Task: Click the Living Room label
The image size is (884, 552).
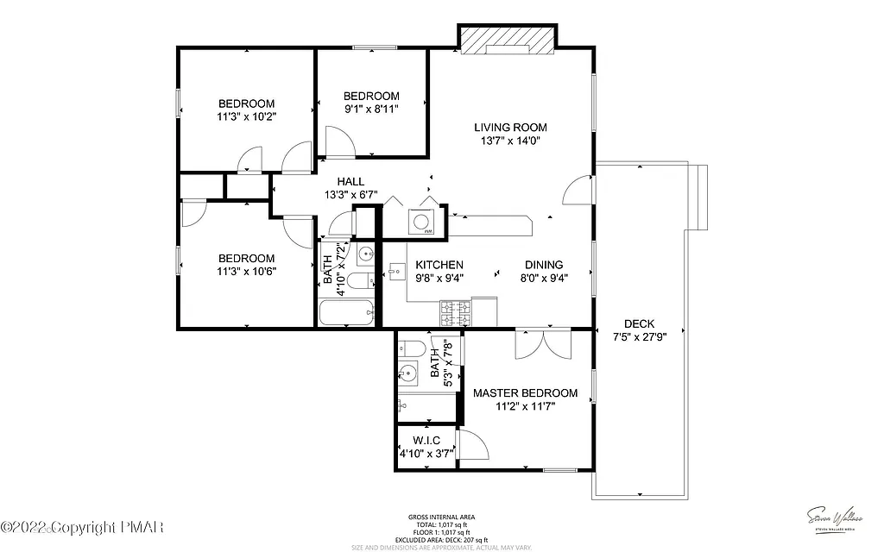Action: [510, 128]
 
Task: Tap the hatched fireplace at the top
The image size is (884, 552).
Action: [506, 41]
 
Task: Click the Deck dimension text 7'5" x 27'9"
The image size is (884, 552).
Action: [639, 336]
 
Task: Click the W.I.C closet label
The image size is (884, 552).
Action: [426, 441]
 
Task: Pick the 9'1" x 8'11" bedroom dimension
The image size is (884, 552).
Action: [371, 109]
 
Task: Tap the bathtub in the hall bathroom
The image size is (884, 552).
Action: [345, 313]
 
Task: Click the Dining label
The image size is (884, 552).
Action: [544, 265]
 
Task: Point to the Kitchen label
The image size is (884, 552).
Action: [439, 265]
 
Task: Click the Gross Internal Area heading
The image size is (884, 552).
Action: [441, 517]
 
